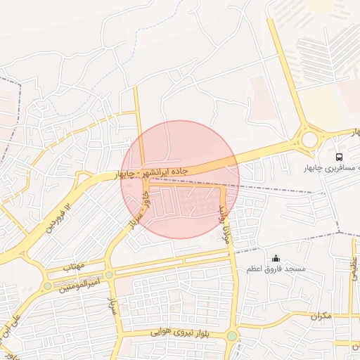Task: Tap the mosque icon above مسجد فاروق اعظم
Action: tap(276, 258)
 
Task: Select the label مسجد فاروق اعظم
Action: tap(276, 269)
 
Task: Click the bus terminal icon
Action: tap(340, 157)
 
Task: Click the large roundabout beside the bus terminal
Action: tap(309, 139)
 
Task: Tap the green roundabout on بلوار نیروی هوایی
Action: tap(232, 335)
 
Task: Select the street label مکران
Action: tap(320, 316)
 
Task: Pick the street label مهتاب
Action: tap(73, 267)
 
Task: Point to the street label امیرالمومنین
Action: tap(77, 283)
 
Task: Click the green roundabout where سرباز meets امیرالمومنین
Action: tap(109, 274)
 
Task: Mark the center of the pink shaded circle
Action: tap(180, 179)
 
